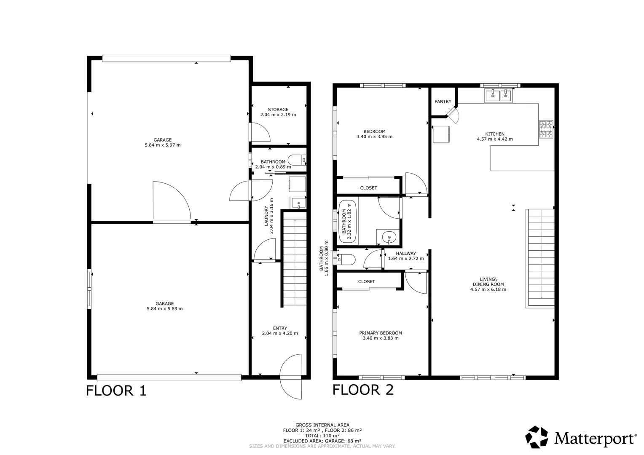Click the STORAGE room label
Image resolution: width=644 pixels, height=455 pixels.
(278, 110)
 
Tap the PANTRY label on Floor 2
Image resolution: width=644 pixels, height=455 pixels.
(443, 102)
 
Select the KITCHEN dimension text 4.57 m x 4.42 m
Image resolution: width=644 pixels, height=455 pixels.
(495, 139)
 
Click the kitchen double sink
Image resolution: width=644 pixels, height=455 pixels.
(498, 96)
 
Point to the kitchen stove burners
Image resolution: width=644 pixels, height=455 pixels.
(546, 129)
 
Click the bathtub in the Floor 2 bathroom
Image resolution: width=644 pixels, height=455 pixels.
(348, 221)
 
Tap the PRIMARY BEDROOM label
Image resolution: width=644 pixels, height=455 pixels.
(380, 333)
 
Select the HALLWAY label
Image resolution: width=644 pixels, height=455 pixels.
(406, 254)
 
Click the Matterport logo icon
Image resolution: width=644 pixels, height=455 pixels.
(537, 437)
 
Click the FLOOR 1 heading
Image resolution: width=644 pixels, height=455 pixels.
(116, 391)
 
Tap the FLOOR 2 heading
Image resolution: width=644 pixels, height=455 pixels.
(363, 390)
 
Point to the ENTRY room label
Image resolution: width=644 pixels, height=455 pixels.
(280, 328)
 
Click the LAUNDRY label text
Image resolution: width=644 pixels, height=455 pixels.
(266, 216)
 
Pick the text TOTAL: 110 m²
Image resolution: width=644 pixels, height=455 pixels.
(322, 436)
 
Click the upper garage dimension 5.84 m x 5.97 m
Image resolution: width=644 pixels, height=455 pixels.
(163, 145)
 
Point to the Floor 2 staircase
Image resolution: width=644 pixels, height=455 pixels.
(540, 258)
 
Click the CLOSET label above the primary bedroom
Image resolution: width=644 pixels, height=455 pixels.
(366, 282)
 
